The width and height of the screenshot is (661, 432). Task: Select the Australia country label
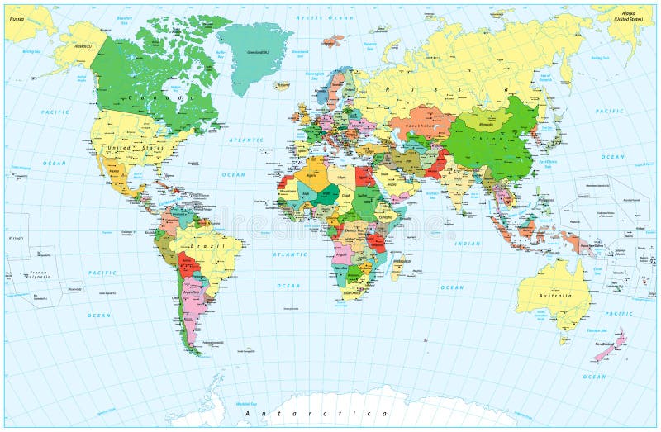point(554,296)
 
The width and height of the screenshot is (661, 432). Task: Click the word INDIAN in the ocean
point(467,244)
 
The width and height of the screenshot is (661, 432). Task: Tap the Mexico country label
point(115,172)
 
